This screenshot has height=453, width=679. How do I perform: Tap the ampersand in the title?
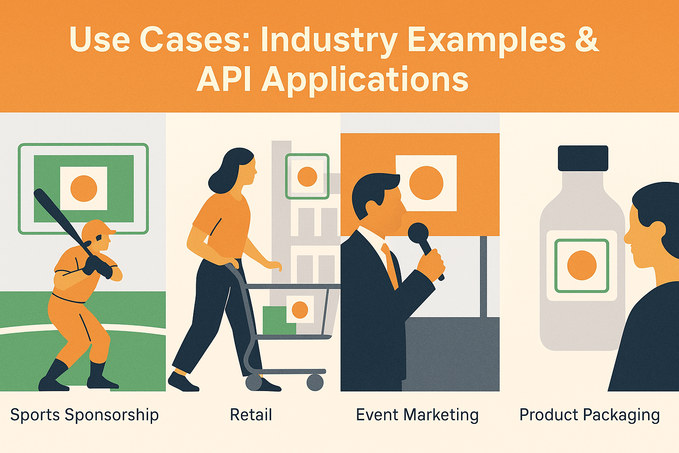pyautogui.click(x=587, y=40)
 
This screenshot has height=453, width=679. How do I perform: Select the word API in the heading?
pyautogui.click(x=223, y=80)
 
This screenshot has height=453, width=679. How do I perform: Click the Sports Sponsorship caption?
pyautogui.click(x=84, y=415)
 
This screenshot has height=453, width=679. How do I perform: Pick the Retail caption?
pyautogui.click(x=251, y=415)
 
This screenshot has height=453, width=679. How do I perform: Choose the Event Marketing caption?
pyautogui.click(x=417, y=415)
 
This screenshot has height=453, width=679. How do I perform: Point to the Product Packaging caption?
pyautogui.click(x=589, y=415)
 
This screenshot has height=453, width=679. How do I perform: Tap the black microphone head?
pyautogui.click(x=418, y=233)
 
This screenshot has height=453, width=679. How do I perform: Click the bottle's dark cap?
pyautogui.click(x=583, y=158)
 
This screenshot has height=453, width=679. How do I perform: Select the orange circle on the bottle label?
pyautogui.click(x=582, y=265)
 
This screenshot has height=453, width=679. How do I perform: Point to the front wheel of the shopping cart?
pyautogui.click(x=315, y=382)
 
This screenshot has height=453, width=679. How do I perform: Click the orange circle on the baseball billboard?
pyautogui.click(x=84, y=188)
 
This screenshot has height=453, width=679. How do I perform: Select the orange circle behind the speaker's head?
pyautogui.click(x=426, y=183)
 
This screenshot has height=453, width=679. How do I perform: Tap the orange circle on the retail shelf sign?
pyautogui.click(x=307, y=177)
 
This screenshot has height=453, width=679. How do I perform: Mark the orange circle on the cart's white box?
pyautogui.click(x=300, y=310)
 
